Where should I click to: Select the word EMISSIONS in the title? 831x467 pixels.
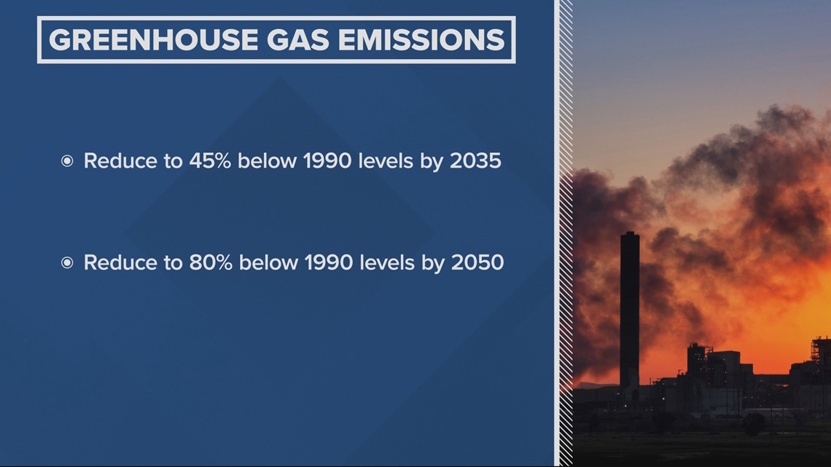coord(421,40)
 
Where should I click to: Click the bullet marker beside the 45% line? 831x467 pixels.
coord(67,160)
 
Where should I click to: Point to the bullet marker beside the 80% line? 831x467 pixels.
coord(67,262)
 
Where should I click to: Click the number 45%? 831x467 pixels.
coord(210,160)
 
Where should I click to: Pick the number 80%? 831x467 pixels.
coord(211,262)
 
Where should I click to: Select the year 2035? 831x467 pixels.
coord(475,160)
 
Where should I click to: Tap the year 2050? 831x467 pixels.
coord(477,262)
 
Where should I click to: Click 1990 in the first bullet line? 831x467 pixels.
coord(327,160)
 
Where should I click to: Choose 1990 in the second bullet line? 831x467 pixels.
coord(329,262)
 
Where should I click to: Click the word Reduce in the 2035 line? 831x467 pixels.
coord(120,160)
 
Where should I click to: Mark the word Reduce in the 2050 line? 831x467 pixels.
coord(120,262)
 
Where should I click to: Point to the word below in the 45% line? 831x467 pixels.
coord(267,160)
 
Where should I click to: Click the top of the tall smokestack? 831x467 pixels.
coord(630,232)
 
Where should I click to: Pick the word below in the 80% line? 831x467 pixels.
coord(269,262)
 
